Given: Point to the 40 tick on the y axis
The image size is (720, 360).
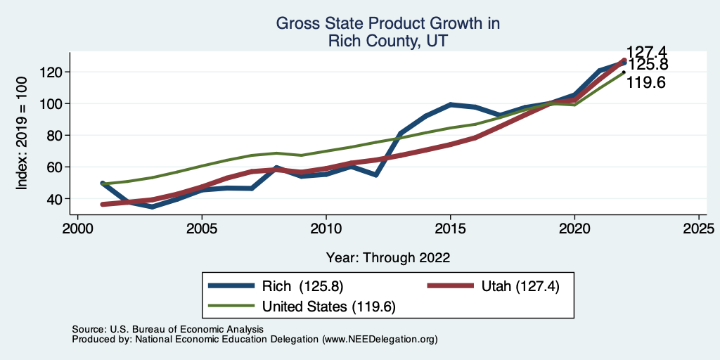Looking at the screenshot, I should (55, 199).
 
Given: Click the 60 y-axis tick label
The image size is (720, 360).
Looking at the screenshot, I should (55, 167).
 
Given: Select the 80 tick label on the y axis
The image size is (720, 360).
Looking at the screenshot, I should (55, 135).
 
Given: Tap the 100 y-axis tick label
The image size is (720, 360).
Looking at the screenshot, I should (51, 103).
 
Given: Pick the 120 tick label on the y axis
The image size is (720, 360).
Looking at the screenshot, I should (51, 72).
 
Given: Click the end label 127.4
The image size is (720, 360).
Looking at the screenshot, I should (646, 52).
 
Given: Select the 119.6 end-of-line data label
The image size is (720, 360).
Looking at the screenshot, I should (646, 83).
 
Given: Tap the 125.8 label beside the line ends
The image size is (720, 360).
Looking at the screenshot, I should (648, 65).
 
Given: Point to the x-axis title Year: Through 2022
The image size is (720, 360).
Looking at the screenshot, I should (388, 257).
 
